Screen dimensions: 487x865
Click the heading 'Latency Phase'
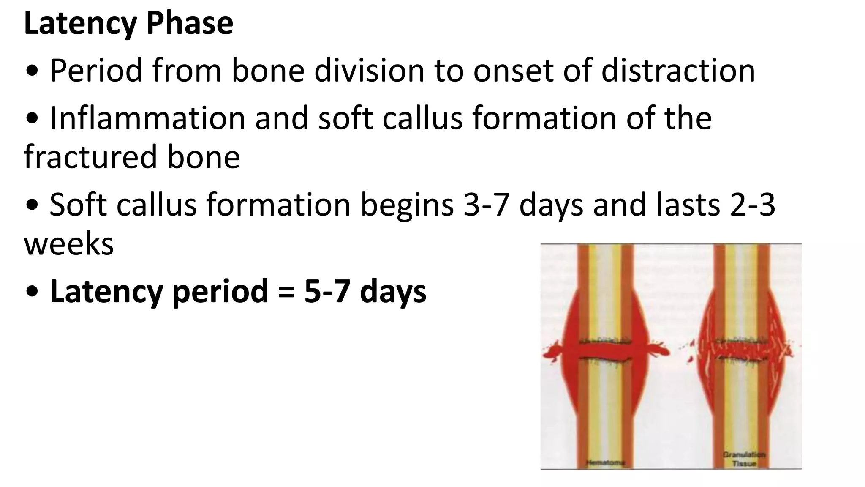[x=128, y=23]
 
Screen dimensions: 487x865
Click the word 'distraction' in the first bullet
[x=678, y=71]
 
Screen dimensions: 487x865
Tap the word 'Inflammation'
[x=147, y=118]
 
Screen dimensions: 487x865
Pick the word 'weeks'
[x=69, y=244]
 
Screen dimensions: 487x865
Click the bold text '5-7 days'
[x=365, y=292]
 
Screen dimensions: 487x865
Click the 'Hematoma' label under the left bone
[x=605, y=463]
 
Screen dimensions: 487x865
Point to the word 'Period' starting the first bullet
[x=96, y=71]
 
